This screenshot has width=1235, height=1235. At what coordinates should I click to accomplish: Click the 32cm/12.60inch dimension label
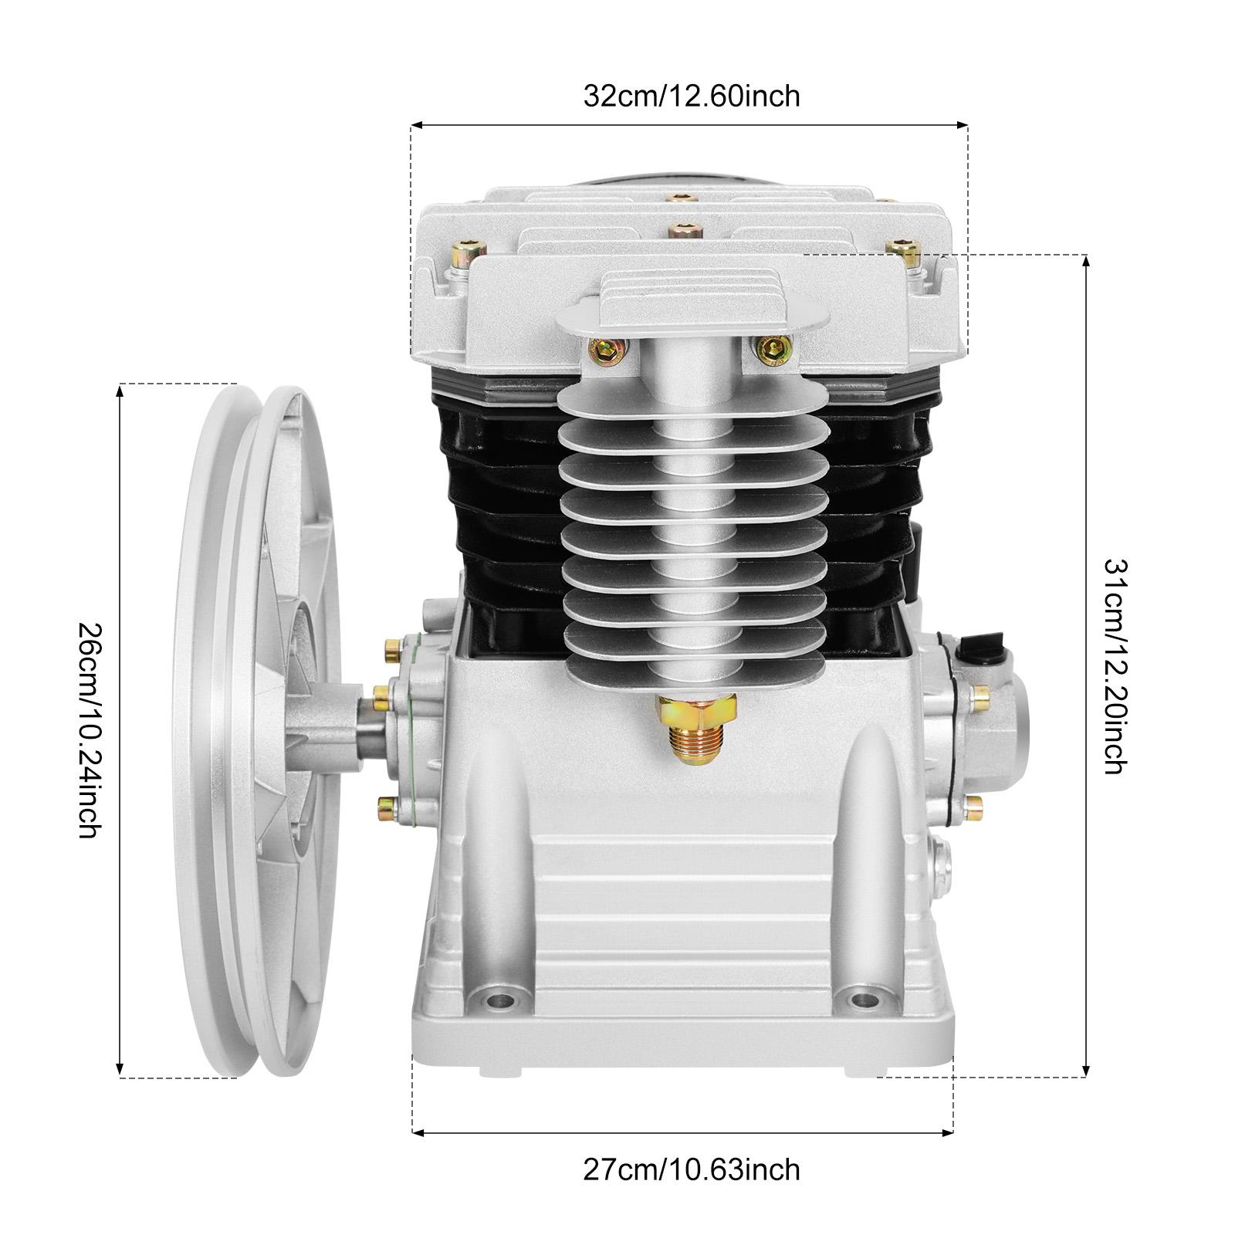691,96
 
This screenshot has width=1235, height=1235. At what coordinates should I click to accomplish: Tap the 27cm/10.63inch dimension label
691,1169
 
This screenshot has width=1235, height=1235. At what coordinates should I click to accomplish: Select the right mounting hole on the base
861,1000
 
